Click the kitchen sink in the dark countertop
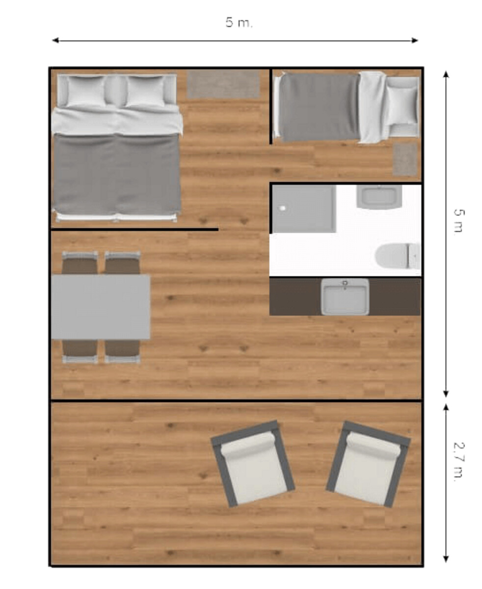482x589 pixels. [x=345, y=296]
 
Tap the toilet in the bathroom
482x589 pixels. [x=398, y=256]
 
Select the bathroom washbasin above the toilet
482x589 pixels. [x=379, y=197]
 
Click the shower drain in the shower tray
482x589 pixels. [x=283, y=208]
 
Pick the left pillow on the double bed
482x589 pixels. [x=86, y=91]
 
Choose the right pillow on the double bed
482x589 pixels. [x=145, y=91]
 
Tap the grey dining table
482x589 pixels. [x=101, y=307]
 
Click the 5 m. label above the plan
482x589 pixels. [x=239, y=23]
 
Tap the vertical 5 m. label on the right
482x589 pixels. [x=459, y=221]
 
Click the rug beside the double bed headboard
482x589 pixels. [x=223, y=84]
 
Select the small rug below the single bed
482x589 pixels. [x=405, y=159]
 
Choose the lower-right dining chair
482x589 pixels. [x=122, y=351]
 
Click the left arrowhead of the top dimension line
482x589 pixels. [x=55, y=41]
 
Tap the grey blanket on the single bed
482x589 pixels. [x=320, y=107]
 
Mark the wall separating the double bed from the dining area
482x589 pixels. [x=134, y=230]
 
